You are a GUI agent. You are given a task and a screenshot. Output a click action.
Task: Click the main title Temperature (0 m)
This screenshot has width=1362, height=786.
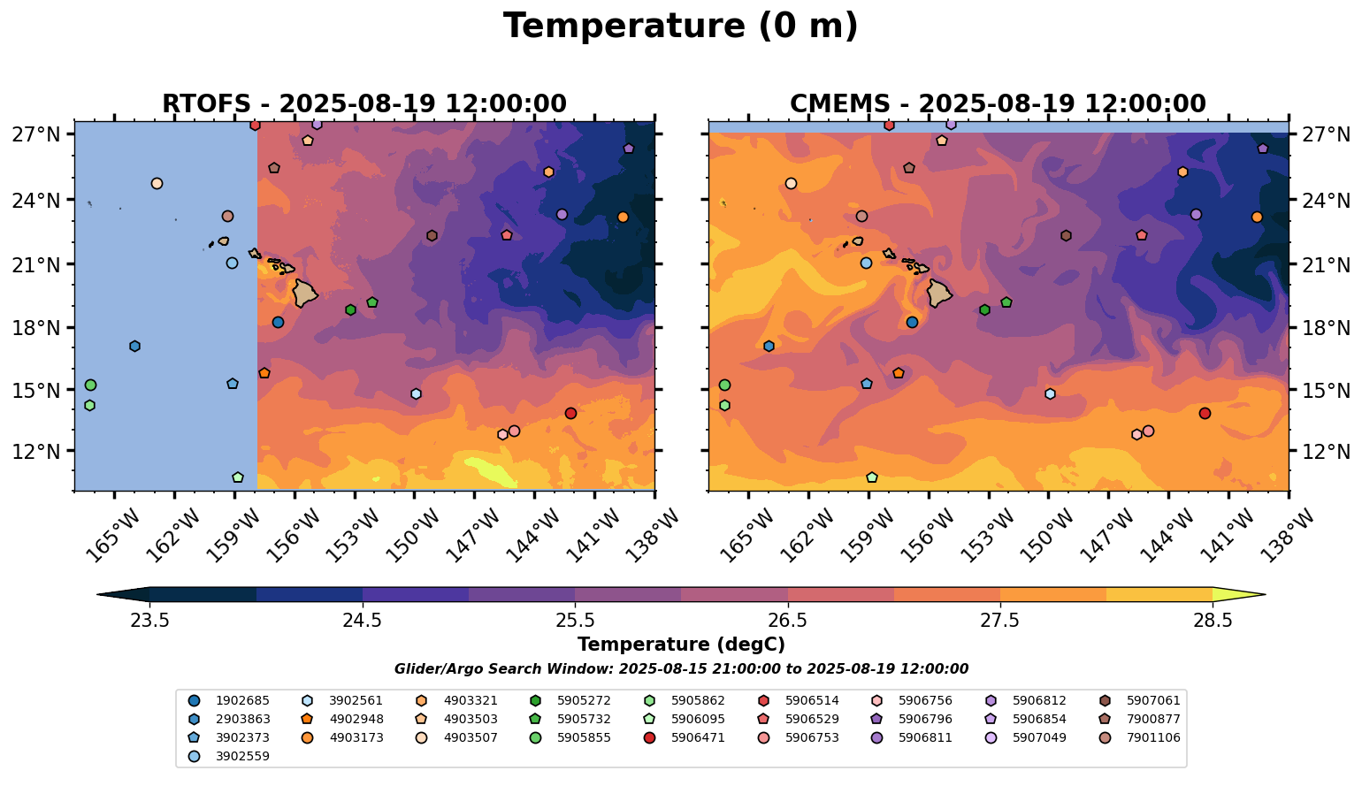[680, 27]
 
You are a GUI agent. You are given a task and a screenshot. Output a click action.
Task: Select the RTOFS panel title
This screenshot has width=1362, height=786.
[363, 104]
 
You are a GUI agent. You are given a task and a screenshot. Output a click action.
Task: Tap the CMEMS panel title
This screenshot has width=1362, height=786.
[998, 104]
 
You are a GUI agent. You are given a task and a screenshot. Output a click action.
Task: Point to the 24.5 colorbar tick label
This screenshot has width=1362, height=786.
[363, 620]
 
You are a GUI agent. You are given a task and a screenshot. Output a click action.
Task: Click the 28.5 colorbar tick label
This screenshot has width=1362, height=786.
[1213, 620]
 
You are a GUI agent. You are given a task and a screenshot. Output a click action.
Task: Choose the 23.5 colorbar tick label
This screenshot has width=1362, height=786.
[149, 620]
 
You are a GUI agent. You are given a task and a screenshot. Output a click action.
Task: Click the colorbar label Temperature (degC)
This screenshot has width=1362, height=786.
[680, 645]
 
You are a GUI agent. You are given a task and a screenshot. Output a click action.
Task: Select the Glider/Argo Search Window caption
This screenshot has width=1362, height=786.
[680, 669]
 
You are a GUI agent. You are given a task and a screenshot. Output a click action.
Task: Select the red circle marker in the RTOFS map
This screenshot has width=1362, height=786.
[570, 413]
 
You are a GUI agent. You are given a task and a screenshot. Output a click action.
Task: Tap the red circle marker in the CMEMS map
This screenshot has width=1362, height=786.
[1205, 413]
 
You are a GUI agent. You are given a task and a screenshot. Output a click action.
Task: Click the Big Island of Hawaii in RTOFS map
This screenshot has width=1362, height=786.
[305, 293]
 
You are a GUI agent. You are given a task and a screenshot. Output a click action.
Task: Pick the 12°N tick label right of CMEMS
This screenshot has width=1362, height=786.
[1327, 451]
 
